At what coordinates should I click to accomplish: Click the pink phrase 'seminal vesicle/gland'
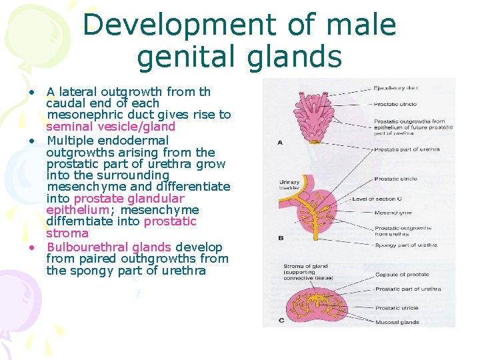[111, 127]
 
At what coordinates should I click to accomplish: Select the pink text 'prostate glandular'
[129, 199]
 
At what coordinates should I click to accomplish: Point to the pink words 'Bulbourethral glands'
[109, 247]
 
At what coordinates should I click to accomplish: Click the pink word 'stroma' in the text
[67, 233]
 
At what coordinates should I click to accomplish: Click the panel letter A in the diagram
[280, 141]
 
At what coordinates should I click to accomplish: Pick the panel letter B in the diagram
[280, 237]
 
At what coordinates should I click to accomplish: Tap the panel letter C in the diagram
[281, 321]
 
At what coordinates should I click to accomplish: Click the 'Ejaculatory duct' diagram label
[396, 87]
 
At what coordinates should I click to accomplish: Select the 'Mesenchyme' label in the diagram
[393, 213]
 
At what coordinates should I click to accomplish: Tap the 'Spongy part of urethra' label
[405, 245]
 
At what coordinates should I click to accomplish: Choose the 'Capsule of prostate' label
[402, 275]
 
